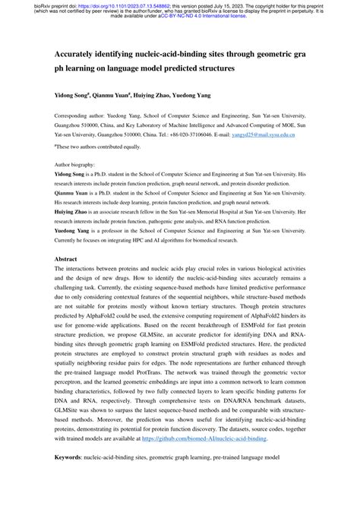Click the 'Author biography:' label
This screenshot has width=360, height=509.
(x=76, y=164)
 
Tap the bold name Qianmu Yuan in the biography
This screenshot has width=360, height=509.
(x=74, y=194)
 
